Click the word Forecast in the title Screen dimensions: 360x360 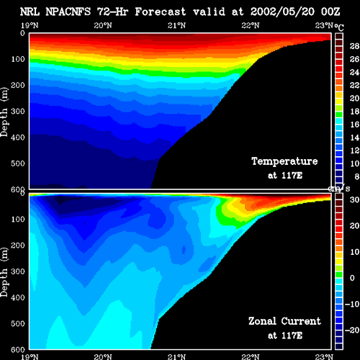tap(161, 12)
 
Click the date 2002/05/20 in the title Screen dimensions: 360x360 tap(282, 12)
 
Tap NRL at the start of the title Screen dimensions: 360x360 tap(30, 12)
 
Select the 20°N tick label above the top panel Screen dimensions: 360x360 tap(103, 25)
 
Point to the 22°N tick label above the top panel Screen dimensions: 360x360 tap(251, 25)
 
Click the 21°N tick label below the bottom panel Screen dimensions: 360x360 tap(176, 356)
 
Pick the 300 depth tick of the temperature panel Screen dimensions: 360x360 tap(18, 111)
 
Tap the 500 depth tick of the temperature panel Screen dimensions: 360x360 tap(18, 163)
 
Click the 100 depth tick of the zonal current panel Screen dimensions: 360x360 tap(18, 219)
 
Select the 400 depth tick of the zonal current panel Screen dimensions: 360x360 tap(18, 297)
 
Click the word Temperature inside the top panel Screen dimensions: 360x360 tap(284, 161)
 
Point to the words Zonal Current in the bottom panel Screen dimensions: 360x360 tap(284, 321)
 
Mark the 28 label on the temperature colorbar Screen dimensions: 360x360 tap(354, 46)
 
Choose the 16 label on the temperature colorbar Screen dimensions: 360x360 tap(354, 125)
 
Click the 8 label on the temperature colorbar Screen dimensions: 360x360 tap(356, 176)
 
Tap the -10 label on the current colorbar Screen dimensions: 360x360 tap(352, 304)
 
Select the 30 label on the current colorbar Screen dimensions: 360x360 tap(354, 199)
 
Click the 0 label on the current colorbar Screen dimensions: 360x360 tap(352, 278)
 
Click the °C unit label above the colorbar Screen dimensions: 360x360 tap(339, 27)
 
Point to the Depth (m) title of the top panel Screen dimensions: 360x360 tap(4, 112)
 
